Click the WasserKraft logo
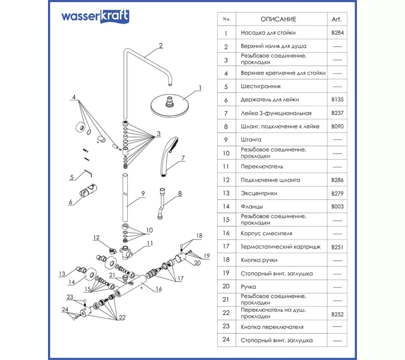point(94,16)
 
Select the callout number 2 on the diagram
point(161,46)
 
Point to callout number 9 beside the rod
point(143,193)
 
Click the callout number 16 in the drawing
point(159,289)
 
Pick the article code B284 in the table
point(337,33)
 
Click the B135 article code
point(337,100)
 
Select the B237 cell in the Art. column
point(337,113)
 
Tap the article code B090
point(337,127)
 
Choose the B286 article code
point(337,180)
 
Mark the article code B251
point(337,247)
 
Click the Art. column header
point(337,19)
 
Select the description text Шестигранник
point(260,86)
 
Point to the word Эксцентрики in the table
point(259,193)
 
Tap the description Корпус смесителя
point(266,233)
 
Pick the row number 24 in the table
point(226,340)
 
